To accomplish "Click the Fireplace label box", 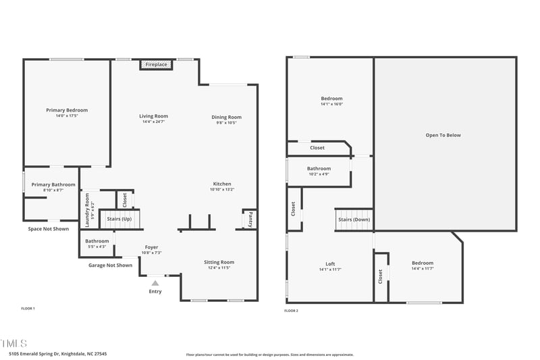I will click(156, 64).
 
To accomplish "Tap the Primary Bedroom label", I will click(67, 110).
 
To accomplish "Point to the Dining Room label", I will click(226, 117).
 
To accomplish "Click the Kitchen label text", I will click(222, 184).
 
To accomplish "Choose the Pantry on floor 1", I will click(250, 219).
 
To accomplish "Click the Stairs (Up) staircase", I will click(119, 219).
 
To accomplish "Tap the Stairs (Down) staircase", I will click(354, 220).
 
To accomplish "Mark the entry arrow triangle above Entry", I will click(155, 283).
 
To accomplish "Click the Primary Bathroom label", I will click(53, 184).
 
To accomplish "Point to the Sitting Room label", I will click(219, 262).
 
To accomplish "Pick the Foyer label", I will click(152, 247).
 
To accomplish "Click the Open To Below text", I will click(443, 135).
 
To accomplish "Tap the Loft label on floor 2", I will click(330, 263).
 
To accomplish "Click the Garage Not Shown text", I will click(110, 265).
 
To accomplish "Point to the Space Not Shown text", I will click(48, 229).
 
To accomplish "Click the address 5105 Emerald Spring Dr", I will click(57, 353).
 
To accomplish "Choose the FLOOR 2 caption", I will click(291, 311).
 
